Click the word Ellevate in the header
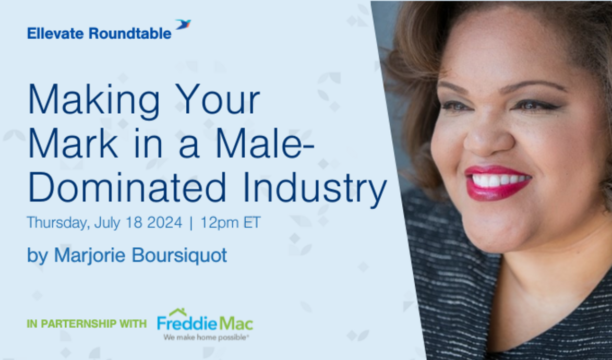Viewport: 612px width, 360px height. click(56, 34)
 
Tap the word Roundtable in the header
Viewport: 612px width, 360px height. click(130, 34)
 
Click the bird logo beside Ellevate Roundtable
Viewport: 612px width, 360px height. click(183, 24)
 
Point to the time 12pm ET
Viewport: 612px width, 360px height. click(230, 223)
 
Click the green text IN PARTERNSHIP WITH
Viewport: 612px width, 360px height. click(87, 324)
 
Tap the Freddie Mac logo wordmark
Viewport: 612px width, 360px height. click(205, 323)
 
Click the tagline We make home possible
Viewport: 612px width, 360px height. click(206, 338)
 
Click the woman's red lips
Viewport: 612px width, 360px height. click(498, 183)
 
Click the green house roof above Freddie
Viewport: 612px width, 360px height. click(178, 312)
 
